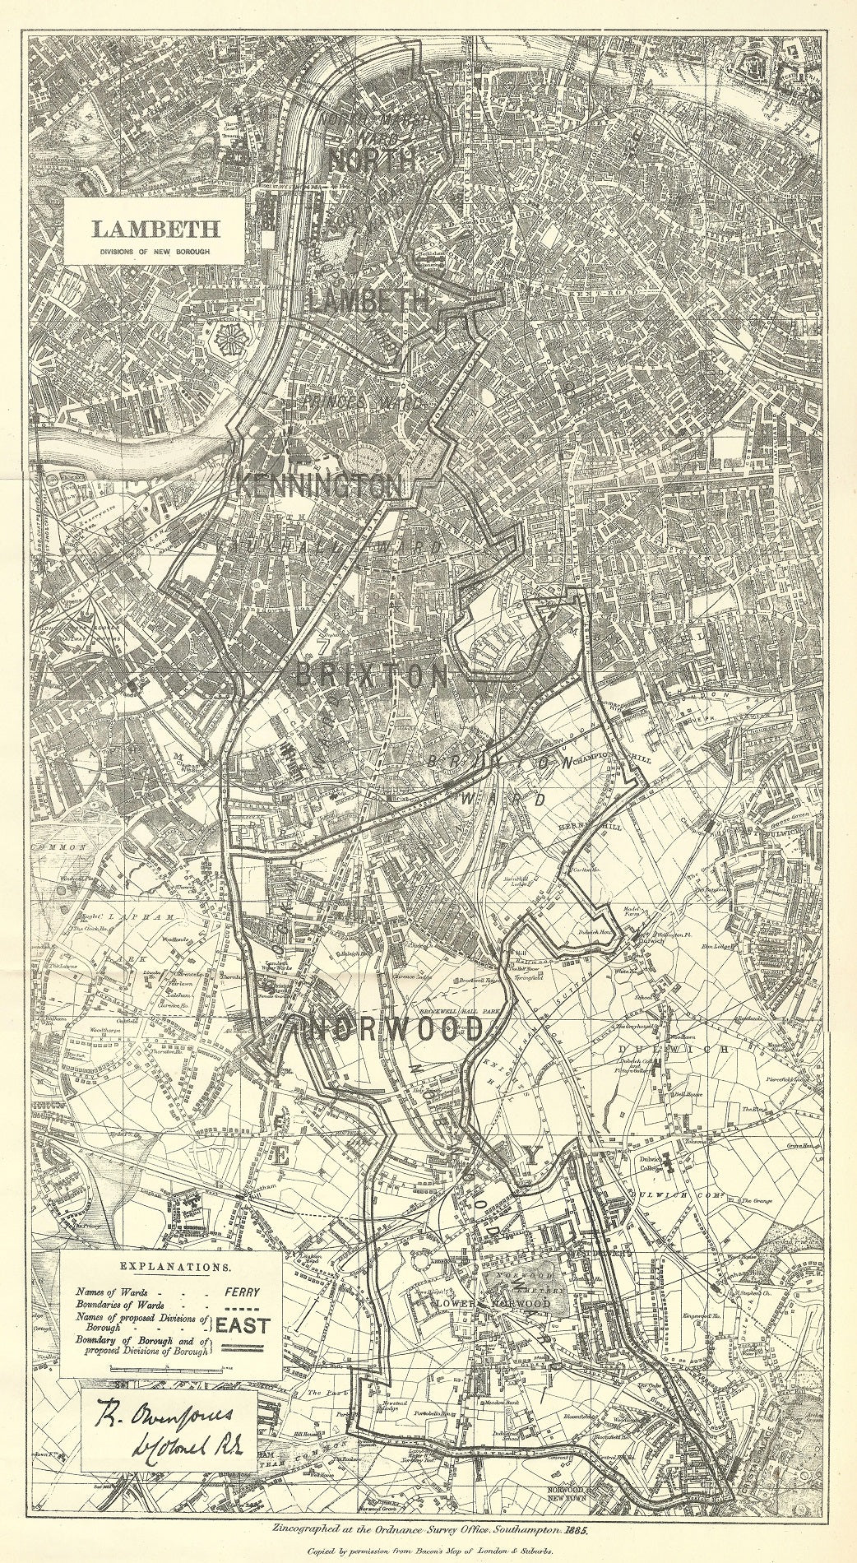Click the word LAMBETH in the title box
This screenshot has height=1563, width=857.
[155, 227]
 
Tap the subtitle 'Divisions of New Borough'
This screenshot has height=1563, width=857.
[155, 249]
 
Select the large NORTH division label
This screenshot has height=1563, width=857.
[373, 160]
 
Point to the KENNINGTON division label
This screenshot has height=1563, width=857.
[320, 485]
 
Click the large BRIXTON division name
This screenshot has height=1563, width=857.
[372, 676]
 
